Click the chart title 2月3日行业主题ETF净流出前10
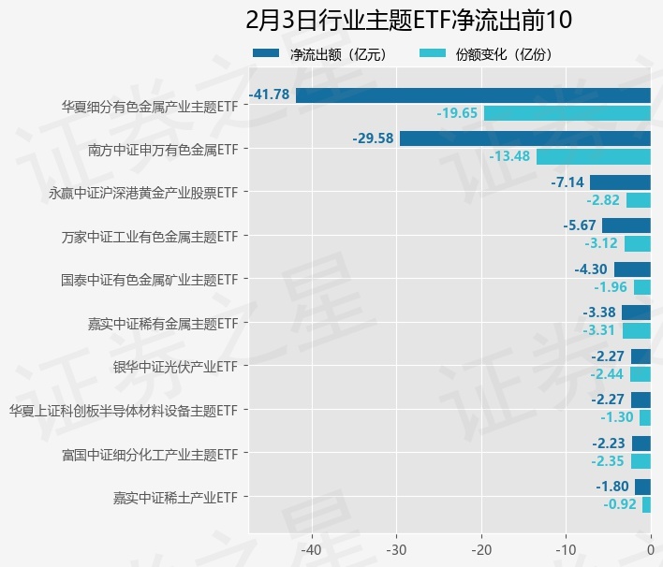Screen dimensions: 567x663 point(408,20)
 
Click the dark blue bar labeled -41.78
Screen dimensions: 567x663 point(473,94)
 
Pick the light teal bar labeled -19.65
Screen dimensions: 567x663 point(567,113)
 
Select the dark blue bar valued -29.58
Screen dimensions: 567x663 point(524,138)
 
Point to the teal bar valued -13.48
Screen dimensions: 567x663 point(593,156)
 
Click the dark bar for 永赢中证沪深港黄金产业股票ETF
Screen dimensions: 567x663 point(620,182)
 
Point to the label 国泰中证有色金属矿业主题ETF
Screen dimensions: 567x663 point(149,280)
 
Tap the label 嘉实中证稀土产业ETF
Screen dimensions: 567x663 point(175,497)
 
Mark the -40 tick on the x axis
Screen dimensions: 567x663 point(312,549)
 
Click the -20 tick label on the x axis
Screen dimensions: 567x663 point(481,549)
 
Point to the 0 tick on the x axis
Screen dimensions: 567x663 point(651,549)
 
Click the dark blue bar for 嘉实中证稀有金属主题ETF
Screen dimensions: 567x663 point(636,313)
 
